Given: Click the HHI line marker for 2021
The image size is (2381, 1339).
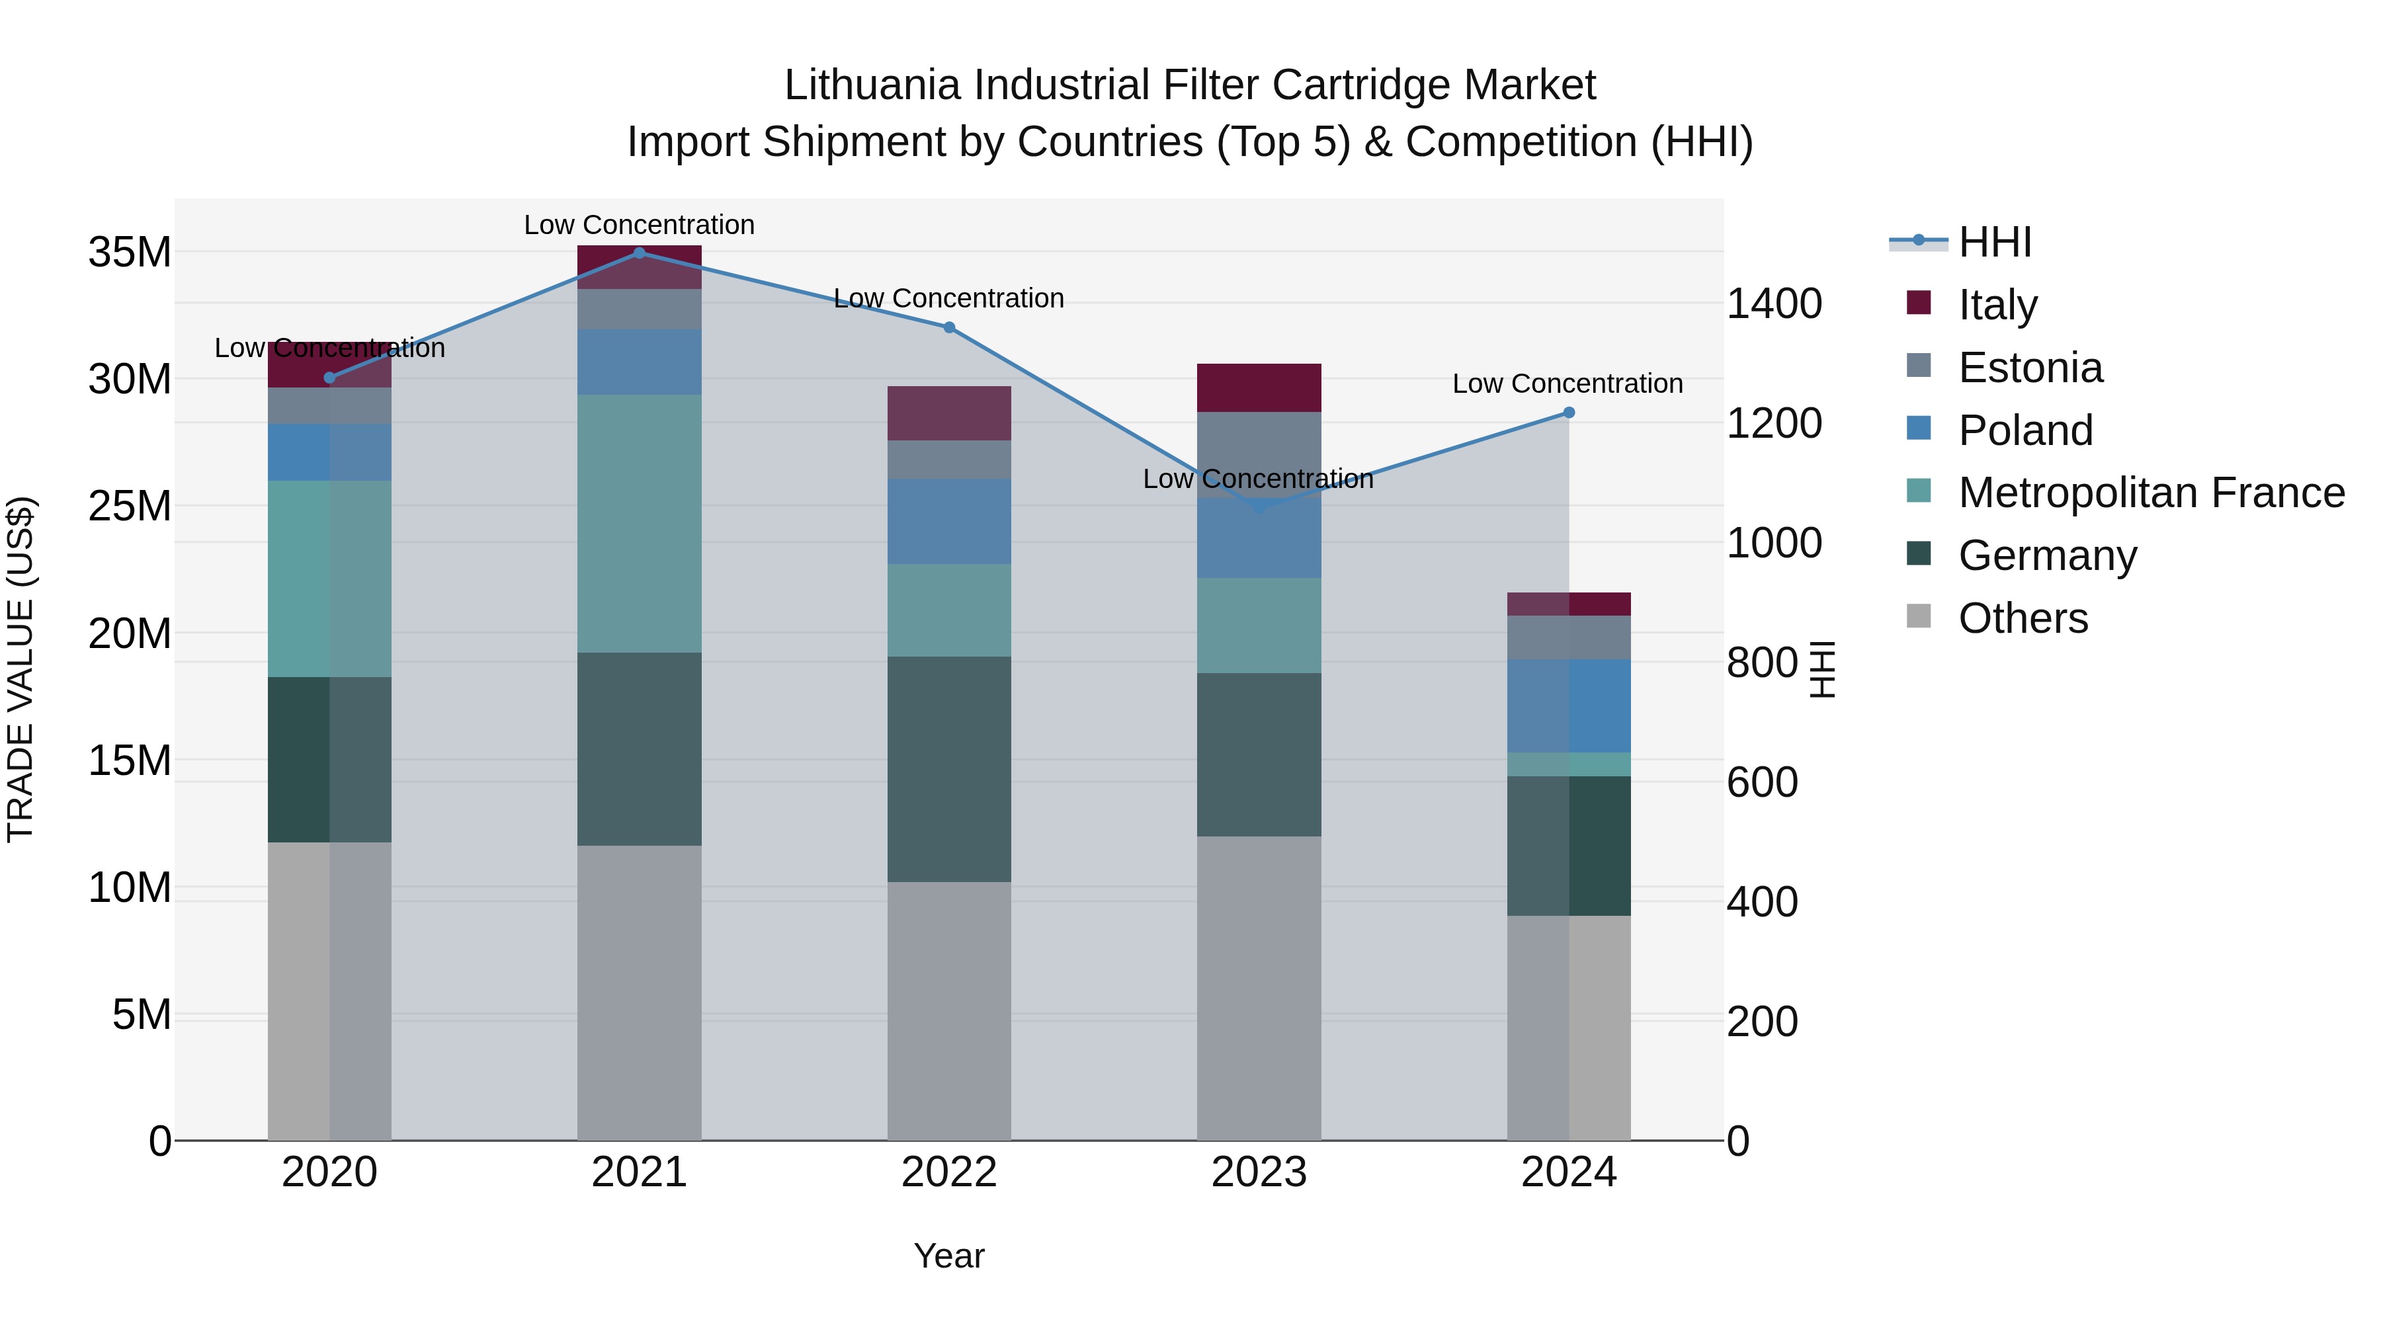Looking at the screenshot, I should coord(639,253).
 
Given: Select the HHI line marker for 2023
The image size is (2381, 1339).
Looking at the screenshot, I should coord(1258,507).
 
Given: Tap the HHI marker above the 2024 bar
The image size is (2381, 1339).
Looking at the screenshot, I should coord(1569,413).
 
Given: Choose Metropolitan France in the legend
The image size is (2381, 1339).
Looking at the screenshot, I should coord(2151,493).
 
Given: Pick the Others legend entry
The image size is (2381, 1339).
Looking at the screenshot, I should coord(2023,618).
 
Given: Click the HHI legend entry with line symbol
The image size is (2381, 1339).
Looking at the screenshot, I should coord(1993,242).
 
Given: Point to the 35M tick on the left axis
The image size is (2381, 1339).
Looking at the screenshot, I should coord(130,253).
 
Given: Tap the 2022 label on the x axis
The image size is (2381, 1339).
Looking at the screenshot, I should coord(948,1172).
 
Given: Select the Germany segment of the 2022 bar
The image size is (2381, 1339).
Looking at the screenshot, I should coord(948,769).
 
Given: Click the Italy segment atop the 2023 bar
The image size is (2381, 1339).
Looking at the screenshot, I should coord(1258,388).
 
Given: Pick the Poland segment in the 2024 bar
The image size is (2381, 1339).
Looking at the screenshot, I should coord(1569,706).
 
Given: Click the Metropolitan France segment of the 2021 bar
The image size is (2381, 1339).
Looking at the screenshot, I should coord(639,524).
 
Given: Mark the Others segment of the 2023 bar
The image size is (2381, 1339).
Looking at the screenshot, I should coord(1258,988).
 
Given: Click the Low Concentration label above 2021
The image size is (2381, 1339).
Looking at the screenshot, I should coord(639,225).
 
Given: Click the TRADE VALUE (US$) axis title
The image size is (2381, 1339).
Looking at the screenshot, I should coord(21,669).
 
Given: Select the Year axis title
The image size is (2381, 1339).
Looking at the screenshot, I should coord(948,1256).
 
